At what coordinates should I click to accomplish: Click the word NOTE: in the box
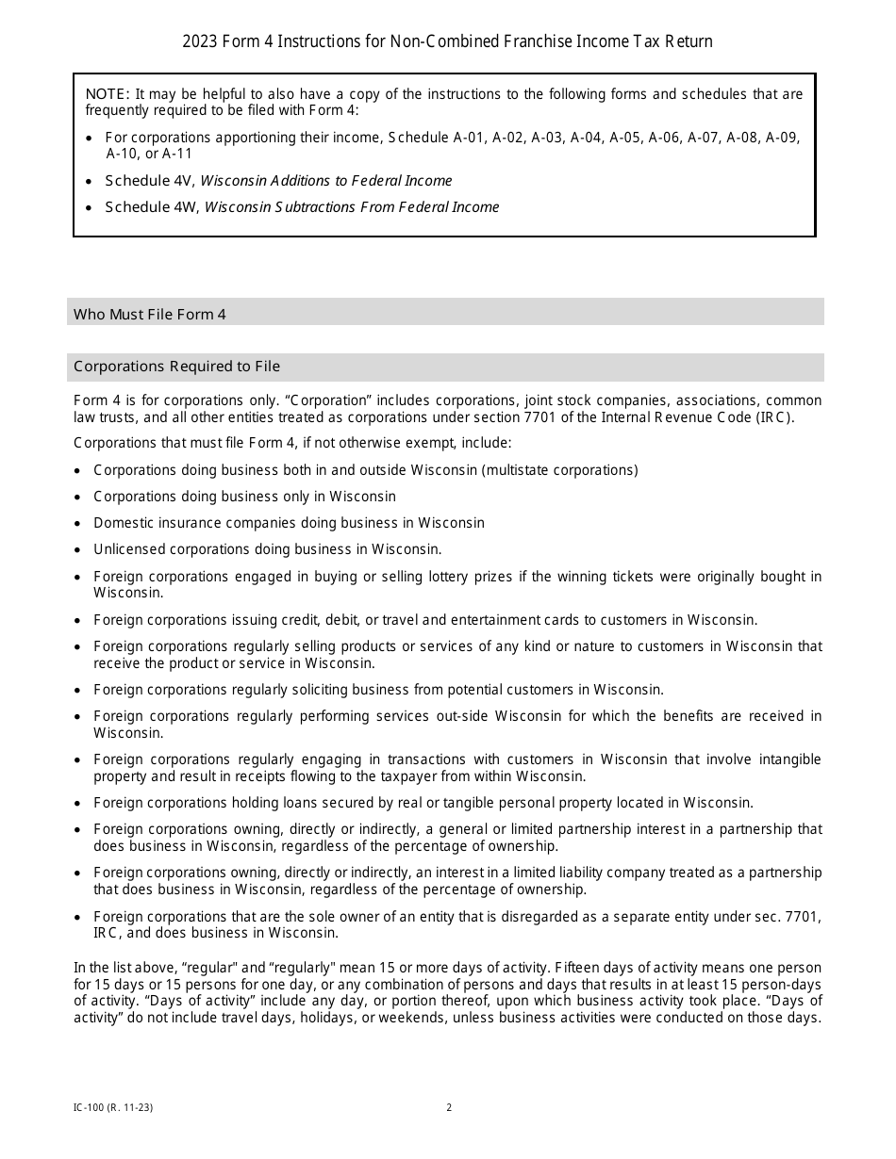[108, 94]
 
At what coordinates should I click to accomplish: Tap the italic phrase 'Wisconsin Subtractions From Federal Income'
[352, 207]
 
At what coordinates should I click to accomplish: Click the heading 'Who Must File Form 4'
[150, 315]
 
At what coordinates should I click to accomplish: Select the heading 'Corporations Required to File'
[176, 367]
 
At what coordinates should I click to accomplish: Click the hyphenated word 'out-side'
[458, 716]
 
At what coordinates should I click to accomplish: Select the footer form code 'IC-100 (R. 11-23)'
[113, 1108]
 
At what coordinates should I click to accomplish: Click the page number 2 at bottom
[449, 1108]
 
